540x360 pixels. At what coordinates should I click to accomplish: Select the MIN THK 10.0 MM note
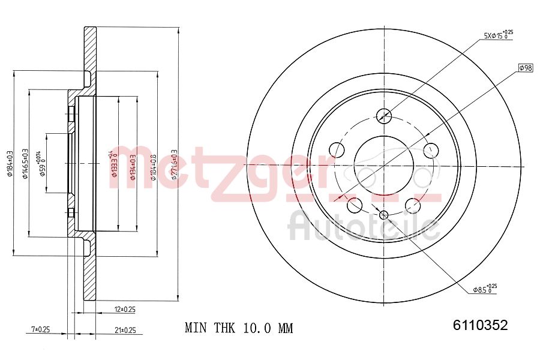pos(239,328)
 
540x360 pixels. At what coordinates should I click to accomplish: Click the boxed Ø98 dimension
pos(525,68)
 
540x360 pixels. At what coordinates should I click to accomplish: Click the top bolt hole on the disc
pos(383,115)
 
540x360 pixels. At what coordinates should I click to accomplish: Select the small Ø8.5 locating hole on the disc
pos(384,215)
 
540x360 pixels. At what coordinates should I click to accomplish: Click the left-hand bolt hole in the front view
pos(337,149)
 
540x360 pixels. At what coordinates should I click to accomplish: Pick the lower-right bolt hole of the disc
pos(413,205)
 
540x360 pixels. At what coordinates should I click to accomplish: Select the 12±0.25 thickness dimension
pos(124,310)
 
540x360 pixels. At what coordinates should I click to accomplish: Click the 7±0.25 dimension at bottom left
pos(40,329)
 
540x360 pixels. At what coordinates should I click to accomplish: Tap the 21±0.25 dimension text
pos(124,329)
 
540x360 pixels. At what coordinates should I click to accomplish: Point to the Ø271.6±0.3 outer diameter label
pos(175,162)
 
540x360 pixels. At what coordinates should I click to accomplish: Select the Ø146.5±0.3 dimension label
pos(25,163)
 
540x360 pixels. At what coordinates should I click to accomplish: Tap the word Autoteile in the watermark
pos(364,226)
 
